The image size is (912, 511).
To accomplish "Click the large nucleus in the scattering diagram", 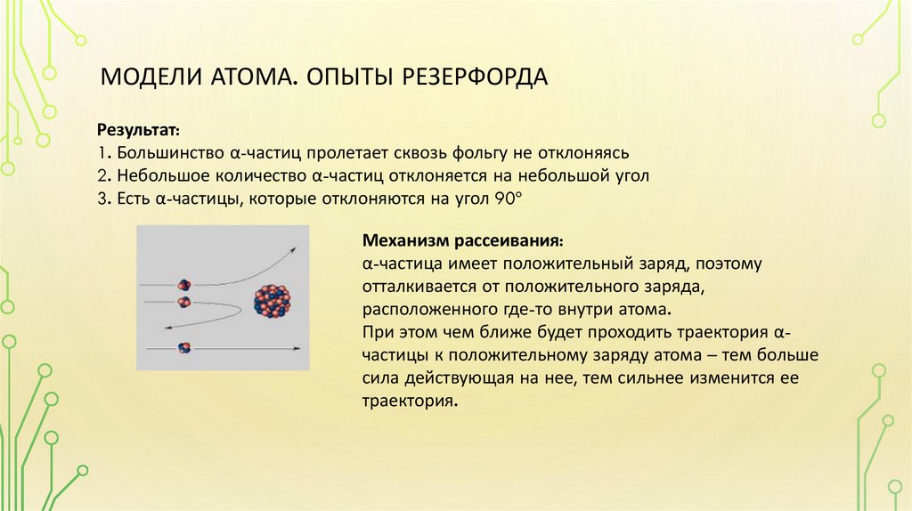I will (273, 301).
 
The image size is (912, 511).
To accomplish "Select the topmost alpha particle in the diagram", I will (184, 285).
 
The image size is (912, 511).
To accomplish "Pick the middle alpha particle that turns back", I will (184, 303).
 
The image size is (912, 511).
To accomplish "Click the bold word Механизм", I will (406, 242).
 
